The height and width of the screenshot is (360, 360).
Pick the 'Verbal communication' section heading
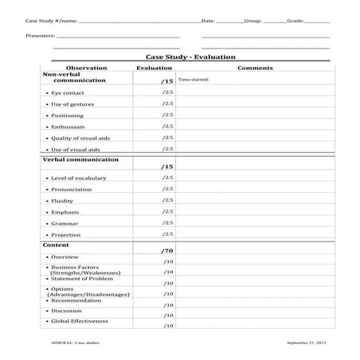(80, 159)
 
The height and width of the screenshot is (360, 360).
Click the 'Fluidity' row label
(63, 201)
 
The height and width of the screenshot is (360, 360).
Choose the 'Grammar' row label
(65, 223)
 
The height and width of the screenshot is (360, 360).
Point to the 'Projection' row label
(66, 234)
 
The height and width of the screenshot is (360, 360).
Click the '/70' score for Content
(166, 251)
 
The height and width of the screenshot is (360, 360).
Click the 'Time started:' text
(193, 80)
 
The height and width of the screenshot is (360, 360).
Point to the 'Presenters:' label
(40, 36)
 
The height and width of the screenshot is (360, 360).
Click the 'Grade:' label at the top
(295, 19)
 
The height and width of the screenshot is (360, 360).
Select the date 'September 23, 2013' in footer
(307, 342)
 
